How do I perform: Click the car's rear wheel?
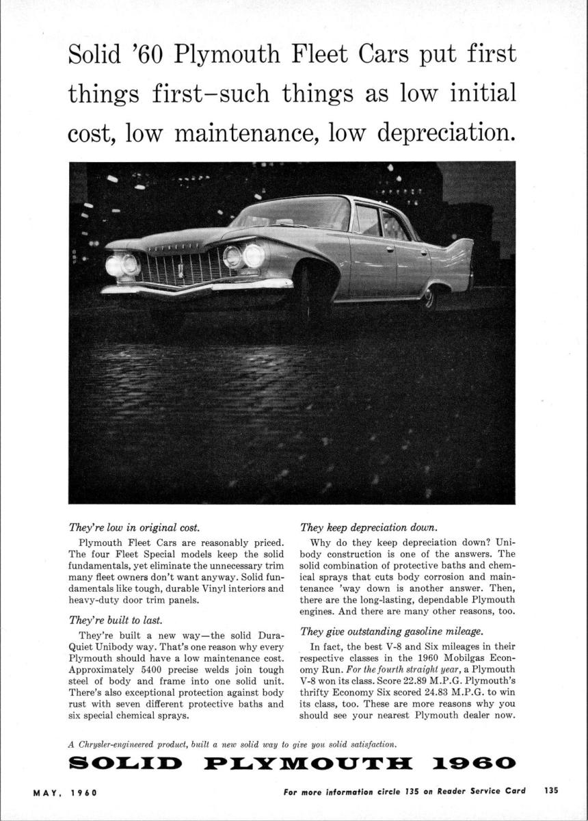429,298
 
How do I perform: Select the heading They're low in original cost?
134,527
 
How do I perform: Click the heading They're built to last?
115,621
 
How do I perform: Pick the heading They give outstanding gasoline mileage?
387,631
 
